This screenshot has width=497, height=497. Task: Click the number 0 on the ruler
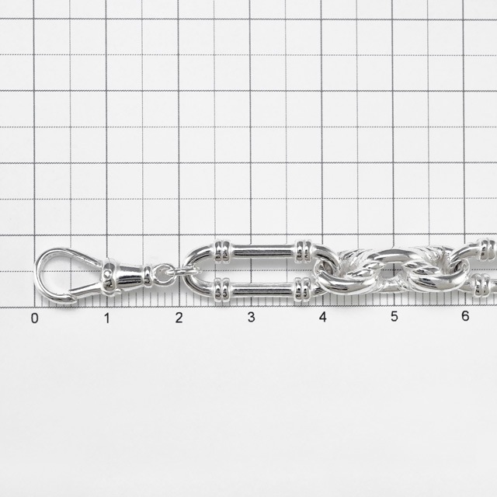point(34,318)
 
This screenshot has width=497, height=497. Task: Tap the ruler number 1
point(107,318)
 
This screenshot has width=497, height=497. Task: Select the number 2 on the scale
point(179,318)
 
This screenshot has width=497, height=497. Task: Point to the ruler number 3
point(252,317)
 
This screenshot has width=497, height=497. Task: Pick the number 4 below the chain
point(323,317)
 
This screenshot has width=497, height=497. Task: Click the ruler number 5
point(394,316)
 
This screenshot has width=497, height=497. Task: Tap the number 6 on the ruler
point(465,316)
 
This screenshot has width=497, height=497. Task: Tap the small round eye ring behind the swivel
point(162,274)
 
